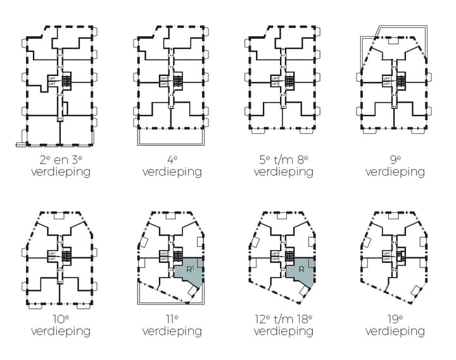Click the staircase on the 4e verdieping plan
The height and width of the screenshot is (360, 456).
click(179, 82)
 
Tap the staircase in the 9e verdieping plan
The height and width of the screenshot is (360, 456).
click(402, 82)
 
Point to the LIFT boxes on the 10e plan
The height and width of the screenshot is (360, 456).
click(53, 257)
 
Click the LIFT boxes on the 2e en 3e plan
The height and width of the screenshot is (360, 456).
click(53, 81)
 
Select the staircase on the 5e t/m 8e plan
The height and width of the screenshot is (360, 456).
click(290, 82)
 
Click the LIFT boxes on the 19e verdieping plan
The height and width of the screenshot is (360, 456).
click(386, 256)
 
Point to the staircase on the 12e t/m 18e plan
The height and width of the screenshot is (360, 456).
click(290, 256)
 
